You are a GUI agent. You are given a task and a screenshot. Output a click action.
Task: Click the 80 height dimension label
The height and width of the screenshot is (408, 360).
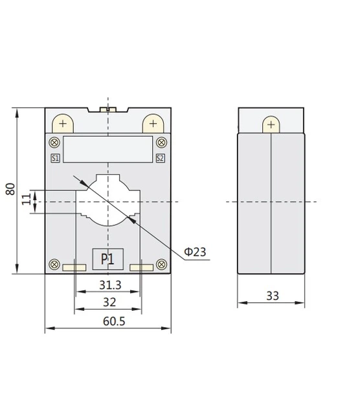pos(10,189)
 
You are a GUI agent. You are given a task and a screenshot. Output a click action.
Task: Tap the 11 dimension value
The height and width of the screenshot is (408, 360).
pos(27,198)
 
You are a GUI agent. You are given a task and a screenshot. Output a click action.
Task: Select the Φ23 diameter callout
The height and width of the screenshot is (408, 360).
pos(195,251)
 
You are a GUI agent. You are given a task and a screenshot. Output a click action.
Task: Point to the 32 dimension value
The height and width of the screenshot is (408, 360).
pos(109,302)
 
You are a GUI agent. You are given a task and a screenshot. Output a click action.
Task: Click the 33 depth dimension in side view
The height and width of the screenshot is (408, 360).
pos(273,296)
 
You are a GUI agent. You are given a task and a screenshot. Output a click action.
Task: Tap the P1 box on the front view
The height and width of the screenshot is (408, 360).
pos(107,259)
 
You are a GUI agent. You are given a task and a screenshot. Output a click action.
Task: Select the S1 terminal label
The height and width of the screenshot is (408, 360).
pos(55,157)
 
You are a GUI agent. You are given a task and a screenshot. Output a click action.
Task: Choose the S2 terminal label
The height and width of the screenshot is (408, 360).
pos(160,157)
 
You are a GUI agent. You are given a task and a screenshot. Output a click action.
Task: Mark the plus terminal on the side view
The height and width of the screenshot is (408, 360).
pos(270,124)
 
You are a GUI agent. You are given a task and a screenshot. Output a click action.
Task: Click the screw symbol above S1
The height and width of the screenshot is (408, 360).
pos(54,143)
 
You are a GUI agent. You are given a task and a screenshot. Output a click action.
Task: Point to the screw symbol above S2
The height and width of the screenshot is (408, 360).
pos(161,143)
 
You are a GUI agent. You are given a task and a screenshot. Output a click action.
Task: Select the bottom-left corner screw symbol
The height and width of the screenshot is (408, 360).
pos(54,264)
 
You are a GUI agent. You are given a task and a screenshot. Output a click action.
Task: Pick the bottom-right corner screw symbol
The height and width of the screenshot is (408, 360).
pos(161,264)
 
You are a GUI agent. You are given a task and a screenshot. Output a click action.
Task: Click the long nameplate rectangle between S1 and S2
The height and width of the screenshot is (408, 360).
pos(107,149)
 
